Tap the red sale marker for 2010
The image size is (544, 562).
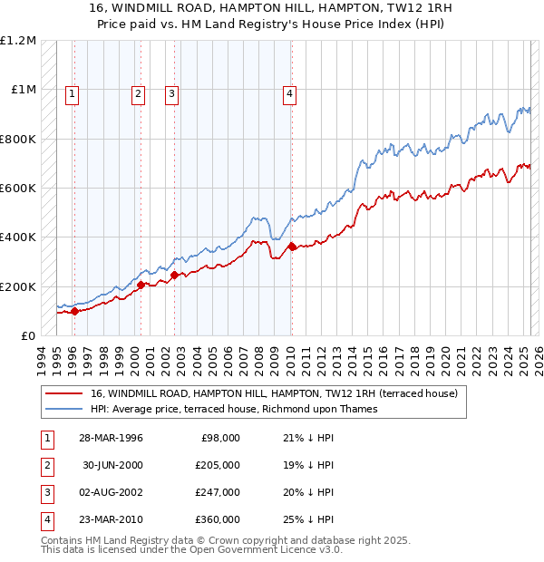click(292, 247)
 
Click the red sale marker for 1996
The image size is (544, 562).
click(74, 311)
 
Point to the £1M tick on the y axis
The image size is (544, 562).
click(24, 90)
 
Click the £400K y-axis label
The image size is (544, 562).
click(18, 237)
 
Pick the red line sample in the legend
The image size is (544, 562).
click(64, 393)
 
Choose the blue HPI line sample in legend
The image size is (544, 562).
click(64, 409)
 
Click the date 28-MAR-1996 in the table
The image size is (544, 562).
click(112, 438)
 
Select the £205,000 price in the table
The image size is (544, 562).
click(218, 465)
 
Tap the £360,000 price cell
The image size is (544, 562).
click(218, 519)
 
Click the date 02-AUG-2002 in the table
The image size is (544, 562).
click(112, 492)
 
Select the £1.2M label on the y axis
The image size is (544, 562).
click(18, 41)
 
